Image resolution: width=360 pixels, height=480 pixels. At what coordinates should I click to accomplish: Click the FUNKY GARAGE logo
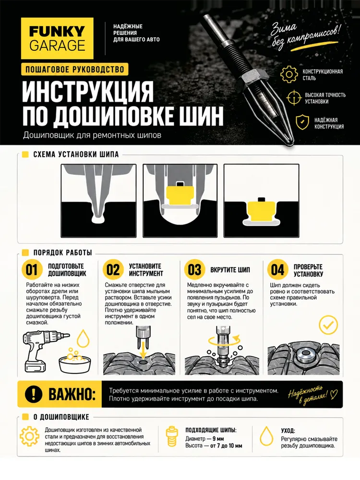(57, 38)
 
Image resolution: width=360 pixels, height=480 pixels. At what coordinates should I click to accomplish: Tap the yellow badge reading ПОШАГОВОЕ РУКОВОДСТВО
(75, 70)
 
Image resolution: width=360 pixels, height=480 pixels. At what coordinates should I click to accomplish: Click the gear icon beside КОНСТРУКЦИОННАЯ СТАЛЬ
(289, 74)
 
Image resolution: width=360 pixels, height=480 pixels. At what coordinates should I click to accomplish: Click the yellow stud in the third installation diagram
(261, 211)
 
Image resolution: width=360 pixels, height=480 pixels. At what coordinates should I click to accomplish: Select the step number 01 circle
(32, 270)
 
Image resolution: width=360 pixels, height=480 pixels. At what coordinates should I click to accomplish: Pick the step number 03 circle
(194, 270)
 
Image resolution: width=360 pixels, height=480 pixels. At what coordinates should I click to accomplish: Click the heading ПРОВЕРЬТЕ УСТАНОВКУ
(308, 270)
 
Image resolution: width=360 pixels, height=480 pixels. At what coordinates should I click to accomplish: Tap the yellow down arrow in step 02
(143, 348)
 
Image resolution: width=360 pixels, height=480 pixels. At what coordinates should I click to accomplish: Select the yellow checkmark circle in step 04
(328, 324)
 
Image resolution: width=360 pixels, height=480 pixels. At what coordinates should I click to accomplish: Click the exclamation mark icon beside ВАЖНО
(34, 394)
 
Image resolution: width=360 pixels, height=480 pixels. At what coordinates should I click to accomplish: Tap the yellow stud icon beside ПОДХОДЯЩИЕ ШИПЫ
(172, 436)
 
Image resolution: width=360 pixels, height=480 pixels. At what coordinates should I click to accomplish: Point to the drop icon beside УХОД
(266, 436)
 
